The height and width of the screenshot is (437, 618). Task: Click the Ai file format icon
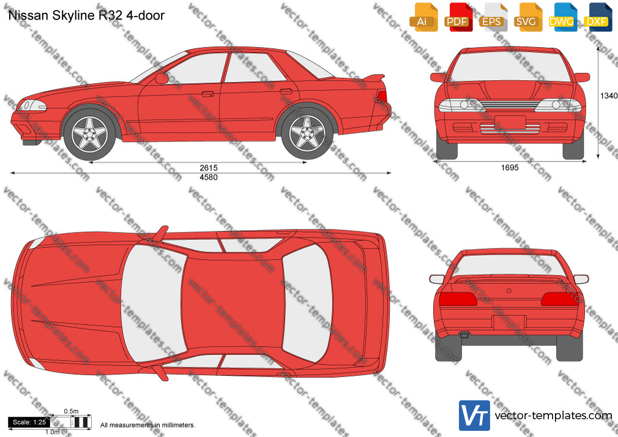(423, 17)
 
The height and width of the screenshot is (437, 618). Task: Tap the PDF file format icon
(459, 17)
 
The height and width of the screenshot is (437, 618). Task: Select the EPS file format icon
(493, 17)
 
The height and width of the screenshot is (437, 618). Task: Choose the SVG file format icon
(528, 17)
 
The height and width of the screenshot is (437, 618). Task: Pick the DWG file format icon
(563, 17)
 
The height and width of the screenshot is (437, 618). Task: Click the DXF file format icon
(598, 17)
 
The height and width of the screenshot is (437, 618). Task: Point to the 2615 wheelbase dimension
(209, 168)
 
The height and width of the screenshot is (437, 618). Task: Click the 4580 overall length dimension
(209, 177)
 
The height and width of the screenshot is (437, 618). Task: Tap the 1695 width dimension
(510, 168)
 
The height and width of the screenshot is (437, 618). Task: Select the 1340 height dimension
(609, 95)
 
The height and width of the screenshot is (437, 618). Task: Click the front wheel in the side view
(90, 134)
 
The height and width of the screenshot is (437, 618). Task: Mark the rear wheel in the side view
(307, 133)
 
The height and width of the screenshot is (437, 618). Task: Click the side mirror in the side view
(162, 78)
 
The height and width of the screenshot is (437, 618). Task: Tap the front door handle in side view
(207, 94)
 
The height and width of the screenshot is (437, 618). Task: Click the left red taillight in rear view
(458, 299)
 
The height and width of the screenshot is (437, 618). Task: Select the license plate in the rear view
(509, 322)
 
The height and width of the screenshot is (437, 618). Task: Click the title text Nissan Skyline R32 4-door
(86, 15)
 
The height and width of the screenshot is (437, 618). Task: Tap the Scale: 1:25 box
(29, 422)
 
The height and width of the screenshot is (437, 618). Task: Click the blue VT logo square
(475, 416)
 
